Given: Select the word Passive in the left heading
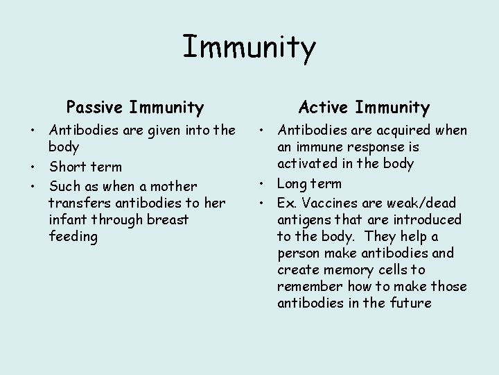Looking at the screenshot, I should click(94, 108).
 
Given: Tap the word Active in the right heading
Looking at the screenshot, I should click(324, 108).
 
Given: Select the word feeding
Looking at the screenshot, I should click(73, 237).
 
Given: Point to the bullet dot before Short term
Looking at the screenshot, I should click(33, 167).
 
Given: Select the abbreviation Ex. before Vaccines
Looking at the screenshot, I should click(286, 203).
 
